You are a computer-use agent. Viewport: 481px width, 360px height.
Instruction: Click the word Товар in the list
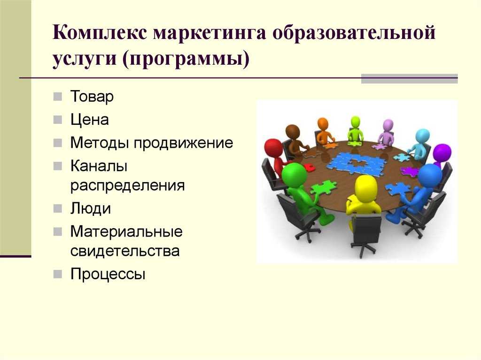pos(92,96)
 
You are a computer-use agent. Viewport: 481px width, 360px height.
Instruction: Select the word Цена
pos(90,120)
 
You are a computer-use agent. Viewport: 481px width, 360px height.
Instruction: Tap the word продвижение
pos(183,143)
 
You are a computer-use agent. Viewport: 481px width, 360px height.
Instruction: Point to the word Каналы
pos(99,166)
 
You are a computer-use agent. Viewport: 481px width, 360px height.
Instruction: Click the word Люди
pos(91,208)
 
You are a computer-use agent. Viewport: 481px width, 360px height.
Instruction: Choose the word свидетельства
pos(125,251)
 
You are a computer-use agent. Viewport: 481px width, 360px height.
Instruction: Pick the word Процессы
pos(108,274)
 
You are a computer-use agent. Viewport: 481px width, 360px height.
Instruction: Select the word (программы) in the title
pos(186,59)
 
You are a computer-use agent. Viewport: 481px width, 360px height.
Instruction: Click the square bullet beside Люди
pos(57,208)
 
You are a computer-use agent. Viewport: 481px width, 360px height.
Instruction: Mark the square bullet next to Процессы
pos(57,274)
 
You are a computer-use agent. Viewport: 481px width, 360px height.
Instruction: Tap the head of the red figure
pos(274,149)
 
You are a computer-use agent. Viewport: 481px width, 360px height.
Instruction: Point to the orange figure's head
pos(323,124)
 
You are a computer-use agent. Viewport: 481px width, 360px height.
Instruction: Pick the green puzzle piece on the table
pos(323,187)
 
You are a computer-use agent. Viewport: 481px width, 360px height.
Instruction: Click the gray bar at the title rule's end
pos(409,78)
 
